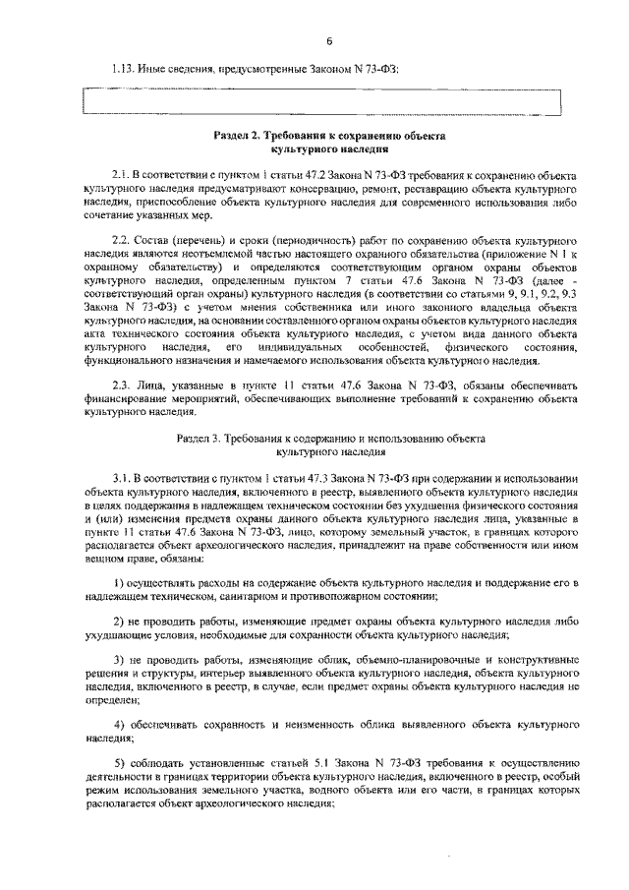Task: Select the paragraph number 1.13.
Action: point(124,69)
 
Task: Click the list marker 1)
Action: point(119,584)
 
